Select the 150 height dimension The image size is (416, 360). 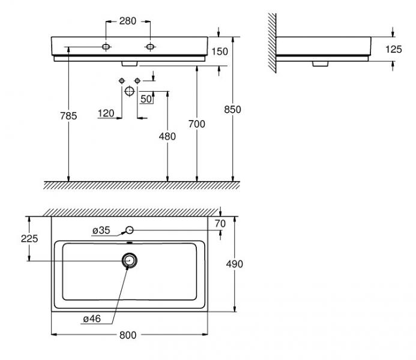coord(220,52)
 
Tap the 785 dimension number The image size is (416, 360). coord(68,116)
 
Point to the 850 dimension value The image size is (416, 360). coord(232,109)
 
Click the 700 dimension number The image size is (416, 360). coord(197,124)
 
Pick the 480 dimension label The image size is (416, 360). coord(167,137)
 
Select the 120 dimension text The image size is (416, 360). coord(106,113)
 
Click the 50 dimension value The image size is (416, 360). coord(146,99)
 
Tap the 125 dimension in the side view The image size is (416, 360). coord(393,50)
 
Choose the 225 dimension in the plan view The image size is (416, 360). coord(28,238)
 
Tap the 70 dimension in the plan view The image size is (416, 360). coord(220,223)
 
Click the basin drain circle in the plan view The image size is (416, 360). coord(129,260)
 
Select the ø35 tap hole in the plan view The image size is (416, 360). coord(129,230)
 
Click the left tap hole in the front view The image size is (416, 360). coord(106,46)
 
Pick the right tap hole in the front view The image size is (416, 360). coord(148,46)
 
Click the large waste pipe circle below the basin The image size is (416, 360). coord(129,91)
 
